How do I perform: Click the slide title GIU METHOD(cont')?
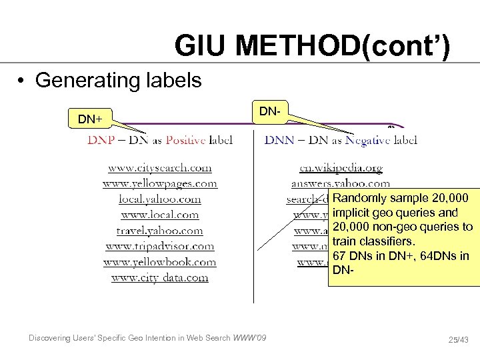point(312,47)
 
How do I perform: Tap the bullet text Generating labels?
point(118,81)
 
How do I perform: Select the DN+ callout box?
point(91,119)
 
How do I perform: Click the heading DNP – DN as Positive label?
point(160,140)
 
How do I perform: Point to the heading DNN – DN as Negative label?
point(341,140)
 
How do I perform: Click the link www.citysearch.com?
point(160,168)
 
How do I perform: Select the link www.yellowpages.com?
point(160,183)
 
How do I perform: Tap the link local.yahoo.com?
point(160,199)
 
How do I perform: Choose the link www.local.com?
point(160,215)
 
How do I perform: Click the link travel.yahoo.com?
point(160,231)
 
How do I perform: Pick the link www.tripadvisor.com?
point(160,246)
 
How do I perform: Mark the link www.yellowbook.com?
point(160,262)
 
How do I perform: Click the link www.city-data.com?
point(160,277)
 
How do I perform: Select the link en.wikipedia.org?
point(341,168)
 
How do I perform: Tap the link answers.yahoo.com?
point(341,183)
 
